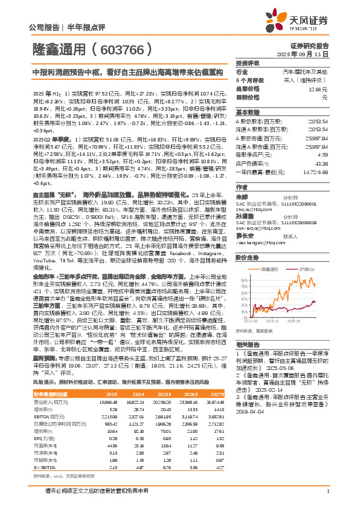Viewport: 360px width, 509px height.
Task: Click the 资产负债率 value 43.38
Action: tap(321, 163)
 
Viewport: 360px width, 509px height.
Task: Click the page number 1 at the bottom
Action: tap(327, 491)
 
